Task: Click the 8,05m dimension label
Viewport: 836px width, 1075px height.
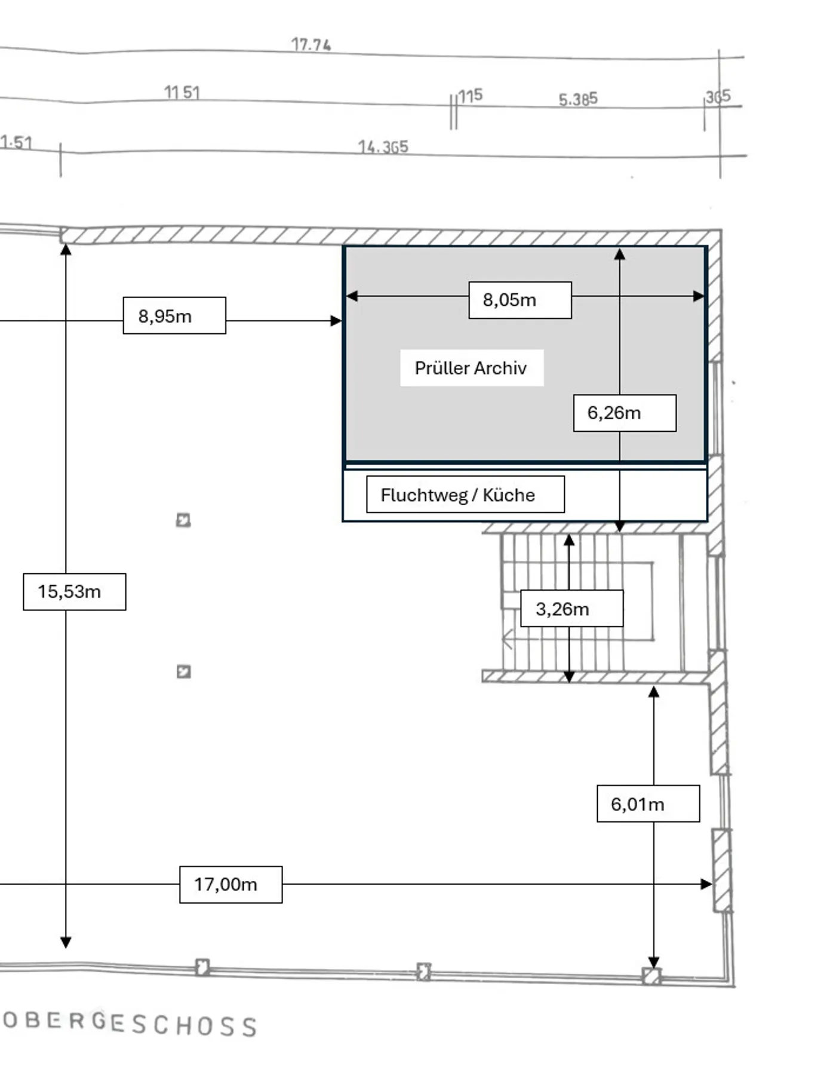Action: tap(520, 300)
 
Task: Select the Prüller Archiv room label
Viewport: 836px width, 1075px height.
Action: tap(471, 368)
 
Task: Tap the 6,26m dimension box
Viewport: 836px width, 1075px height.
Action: tap(625, 413)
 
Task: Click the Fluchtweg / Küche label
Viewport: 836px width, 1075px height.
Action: tap(465, 494)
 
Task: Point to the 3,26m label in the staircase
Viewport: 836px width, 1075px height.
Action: tap(571, 609)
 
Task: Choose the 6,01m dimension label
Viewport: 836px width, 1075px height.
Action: tap(648, 804)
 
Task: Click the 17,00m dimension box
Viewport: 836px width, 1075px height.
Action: tap(230, 884)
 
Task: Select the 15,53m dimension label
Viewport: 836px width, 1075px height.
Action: tap(74, 592)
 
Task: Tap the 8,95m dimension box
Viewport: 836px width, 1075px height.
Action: tap(174, 315)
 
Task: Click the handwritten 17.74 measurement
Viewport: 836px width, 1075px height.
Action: tap(311, 45)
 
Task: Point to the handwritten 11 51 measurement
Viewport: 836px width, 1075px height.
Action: tap(182, 93)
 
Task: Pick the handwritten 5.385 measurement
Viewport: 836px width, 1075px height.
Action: tap(577, 99)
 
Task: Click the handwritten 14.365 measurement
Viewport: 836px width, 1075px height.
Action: tap(383, 147)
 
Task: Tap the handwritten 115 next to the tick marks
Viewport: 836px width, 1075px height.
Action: tap(471, 96)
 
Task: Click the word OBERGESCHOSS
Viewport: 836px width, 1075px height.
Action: tap(130, 1024)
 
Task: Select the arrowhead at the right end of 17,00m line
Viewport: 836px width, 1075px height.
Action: tap(706, 884)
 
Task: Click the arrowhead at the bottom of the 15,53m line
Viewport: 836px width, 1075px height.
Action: tap(66, 942)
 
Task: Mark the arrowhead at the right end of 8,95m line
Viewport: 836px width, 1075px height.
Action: tap(336, 321)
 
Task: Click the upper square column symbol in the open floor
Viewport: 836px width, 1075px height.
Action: tap(183, 520)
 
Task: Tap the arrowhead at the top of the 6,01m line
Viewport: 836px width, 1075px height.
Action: tap(654, 692)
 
